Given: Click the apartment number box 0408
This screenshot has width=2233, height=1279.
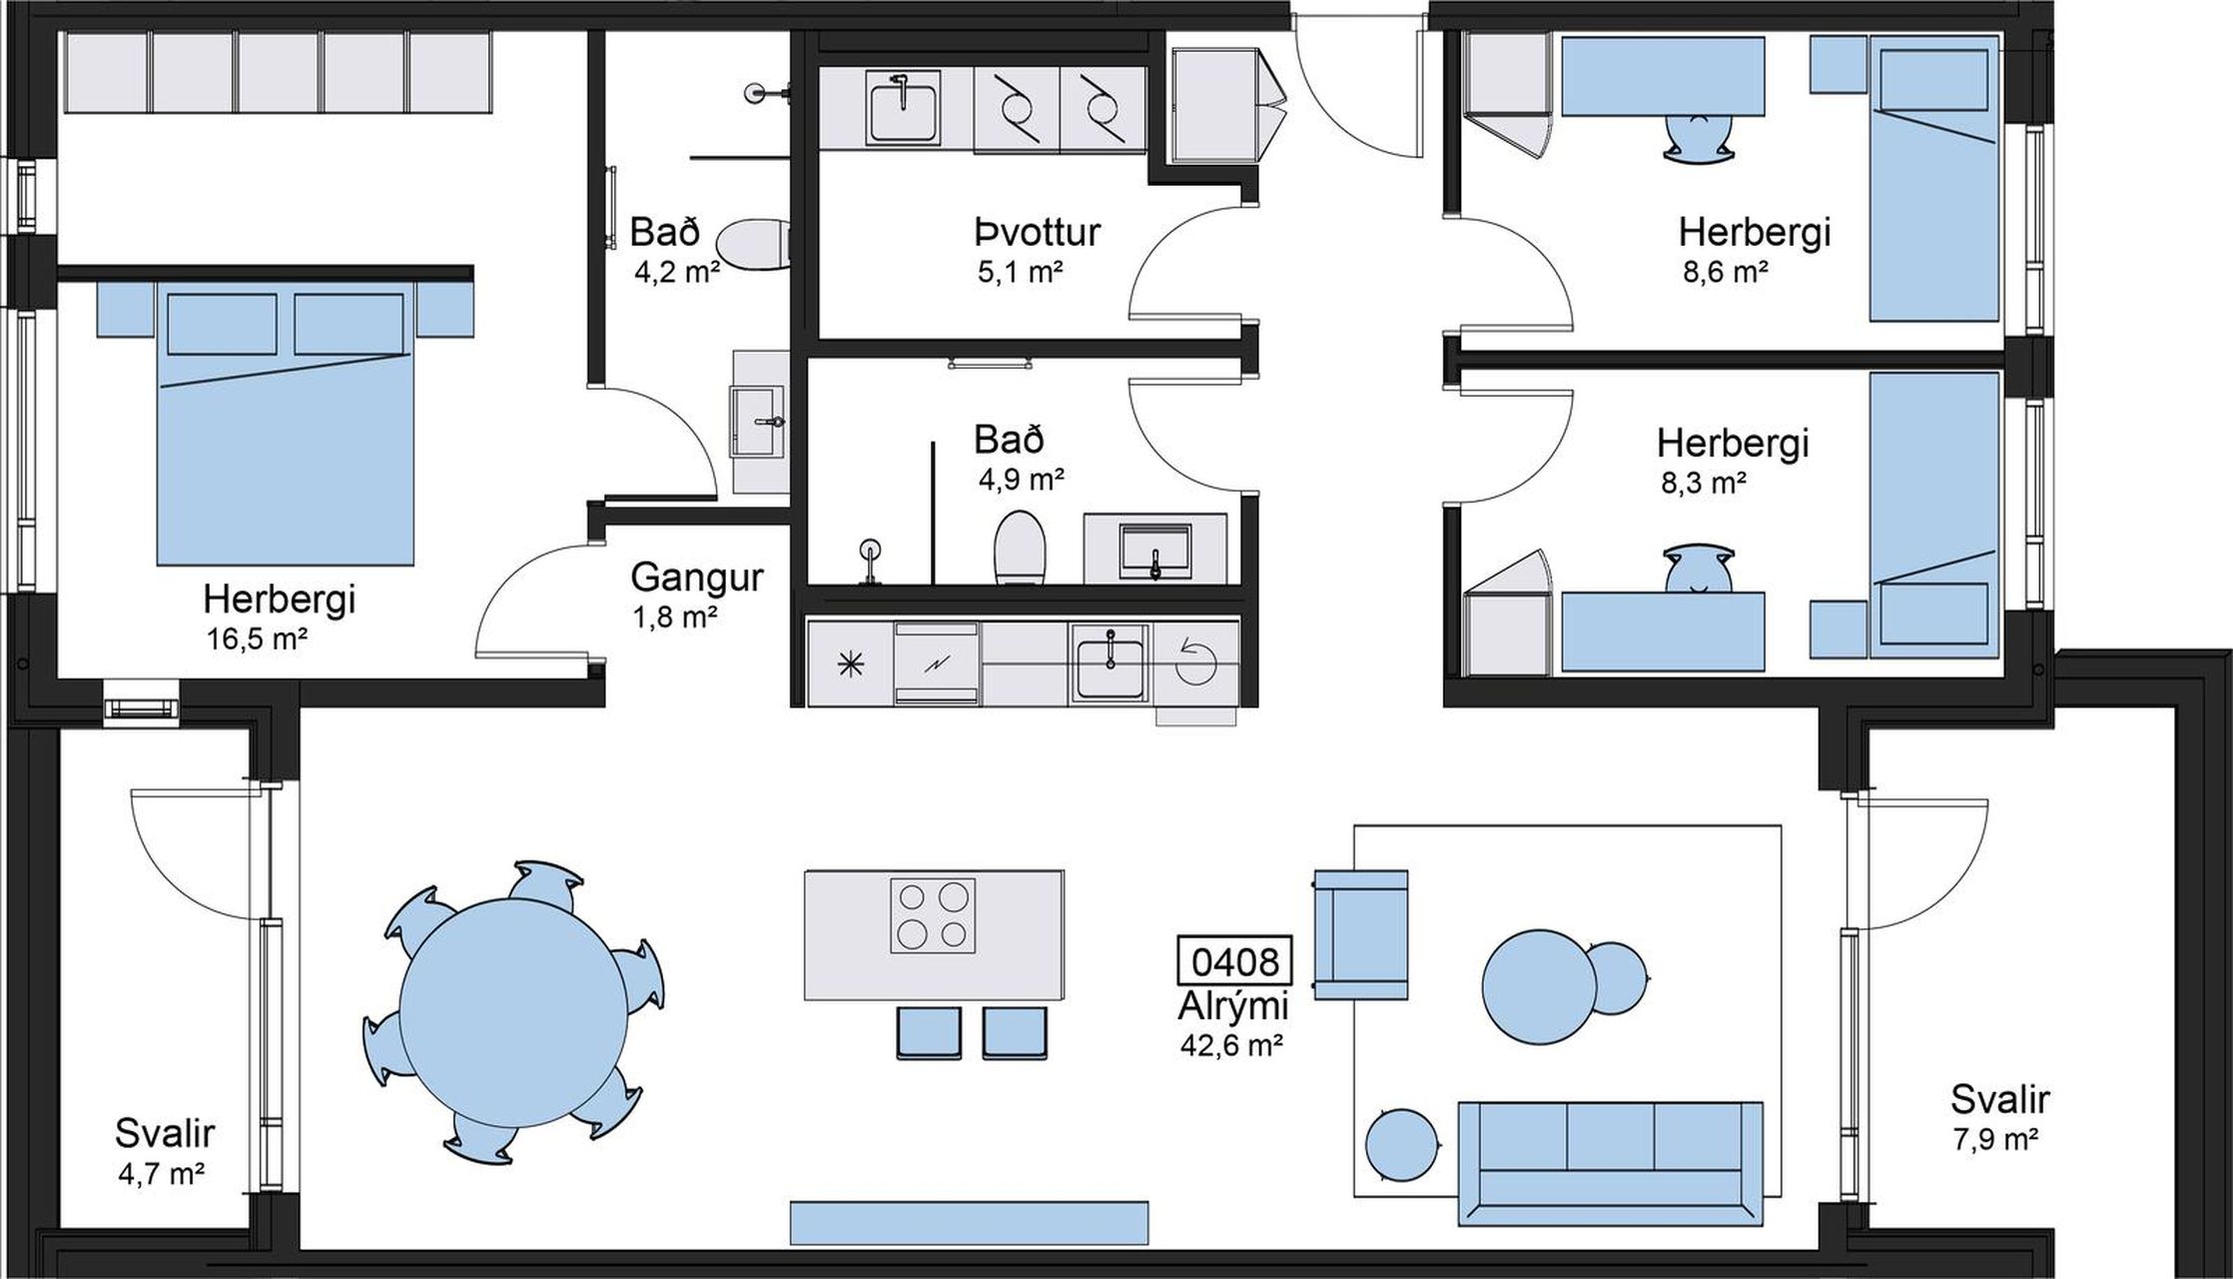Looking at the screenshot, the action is point(1235,962).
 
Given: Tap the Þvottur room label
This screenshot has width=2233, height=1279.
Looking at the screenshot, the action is point(1037,232).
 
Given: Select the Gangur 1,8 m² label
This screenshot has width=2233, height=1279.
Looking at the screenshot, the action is point(696,596).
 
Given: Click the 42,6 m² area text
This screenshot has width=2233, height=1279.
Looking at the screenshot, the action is point(1232,1045).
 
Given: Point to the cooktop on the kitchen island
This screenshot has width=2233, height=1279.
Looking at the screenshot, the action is point(933,915).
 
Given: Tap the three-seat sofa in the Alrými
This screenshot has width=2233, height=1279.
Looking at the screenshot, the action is point(1610,1163).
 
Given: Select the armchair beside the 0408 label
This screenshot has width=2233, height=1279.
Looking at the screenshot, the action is point(1360,934).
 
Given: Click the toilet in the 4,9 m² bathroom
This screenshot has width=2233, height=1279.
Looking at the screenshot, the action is point(1019,548).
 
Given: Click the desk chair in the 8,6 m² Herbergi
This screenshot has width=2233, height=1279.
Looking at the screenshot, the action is point(1698,135).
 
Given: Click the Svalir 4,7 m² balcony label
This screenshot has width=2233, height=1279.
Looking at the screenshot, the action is point(164,1153).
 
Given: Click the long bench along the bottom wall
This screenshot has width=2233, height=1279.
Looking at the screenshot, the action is point(969,1223).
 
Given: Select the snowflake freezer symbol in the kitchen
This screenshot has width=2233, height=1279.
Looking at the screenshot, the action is point(851,663).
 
